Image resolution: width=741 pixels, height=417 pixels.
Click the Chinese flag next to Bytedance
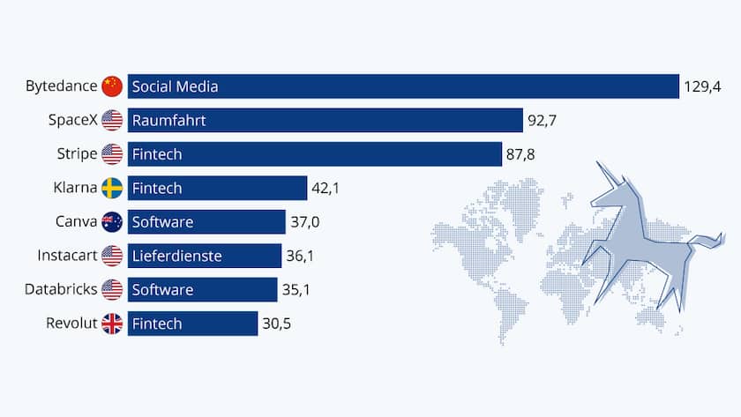click(111, 86)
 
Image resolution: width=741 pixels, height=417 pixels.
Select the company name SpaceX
click(73, 120)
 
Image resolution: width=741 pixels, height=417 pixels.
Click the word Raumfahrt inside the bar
click(168, 120)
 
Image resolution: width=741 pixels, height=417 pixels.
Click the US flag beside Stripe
click(111, 154)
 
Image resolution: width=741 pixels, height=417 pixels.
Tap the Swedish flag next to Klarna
click(111, 188)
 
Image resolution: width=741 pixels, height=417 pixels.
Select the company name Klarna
click(75, 188)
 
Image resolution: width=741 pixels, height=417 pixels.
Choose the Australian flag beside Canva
click(111, 222)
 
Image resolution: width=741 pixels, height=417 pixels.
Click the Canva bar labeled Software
click(206, 222)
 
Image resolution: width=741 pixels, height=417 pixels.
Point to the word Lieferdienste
click(176, 256)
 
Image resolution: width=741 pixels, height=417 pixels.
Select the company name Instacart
click(67, 256)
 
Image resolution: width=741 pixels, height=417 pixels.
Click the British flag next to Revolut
click(111, 324)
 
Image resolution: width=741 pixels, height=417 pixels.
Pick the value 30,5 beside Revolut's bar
click(276, 324)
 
